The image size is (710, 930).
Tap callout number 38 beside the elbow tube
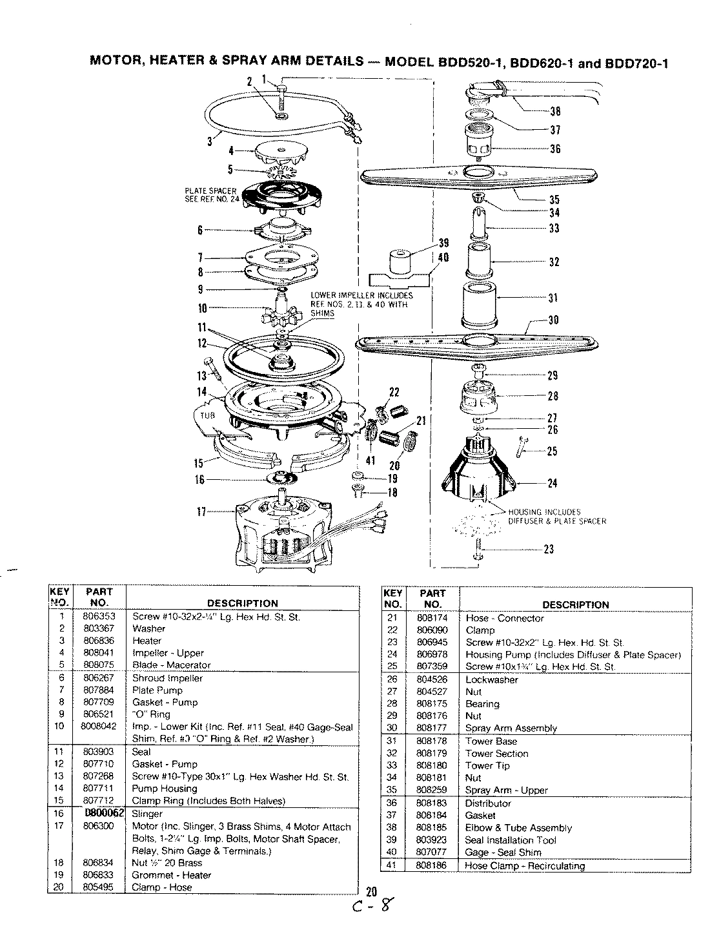[x=554, y=109]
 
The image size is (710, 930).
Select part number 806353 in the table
[x=99, y=616]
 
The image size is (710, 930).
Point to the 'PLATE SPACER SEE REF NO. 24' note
[x=210, y=194]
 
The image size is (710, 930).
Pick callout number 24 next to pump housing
[x=552, y=483]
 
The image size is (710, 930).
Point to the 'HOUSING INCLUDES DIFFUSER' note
[x=557, y=516]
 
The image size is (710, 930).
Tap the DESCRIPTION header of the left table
[x=242, y=603]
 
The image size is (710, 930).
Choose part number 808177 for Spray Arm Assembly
[x=431, y=728]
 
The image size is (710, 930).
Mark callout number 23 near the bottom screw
[x=549, y=550]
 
